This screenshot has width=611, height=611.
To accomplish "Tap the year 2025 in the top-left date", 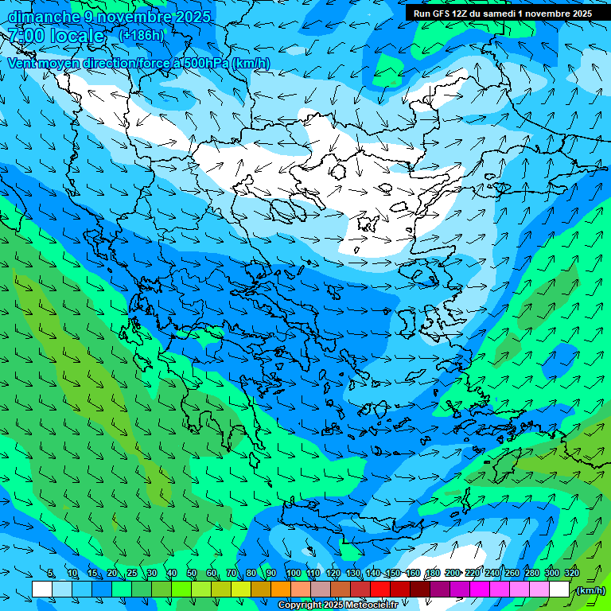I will [x=193, y=16].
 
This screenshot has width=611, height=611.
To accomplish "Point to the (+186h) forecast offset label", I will [x=141, y=35].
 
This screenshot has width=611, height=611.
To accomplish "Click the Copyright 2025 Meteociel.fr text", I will [x=337, y=605].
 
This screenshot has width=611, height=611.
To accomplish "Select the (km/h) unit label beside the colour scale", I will [x=590, y=590].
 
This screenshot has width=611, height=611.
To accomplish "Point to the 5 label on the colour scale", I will [x=51, y=574].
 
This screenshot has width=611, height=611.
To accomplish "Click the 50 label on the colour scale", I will [x=192, y=574].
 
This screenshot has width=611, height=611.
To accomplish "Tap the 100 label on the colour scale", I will [x=293, y=574].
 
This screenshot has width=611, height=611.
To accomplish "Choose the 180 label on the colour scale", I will [x=433, y=574].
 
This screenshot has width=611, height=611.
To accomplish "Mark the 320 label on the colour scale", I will [x=572, y=574].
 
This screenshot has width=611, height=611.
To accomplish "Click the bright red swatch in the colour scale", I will [x=380, y=590].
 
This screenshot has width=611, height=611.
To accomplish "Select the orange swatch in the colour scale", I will [x=281, y=590].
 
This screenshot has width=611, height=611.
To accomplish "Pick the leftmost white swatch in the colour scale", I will [x=42, y=590].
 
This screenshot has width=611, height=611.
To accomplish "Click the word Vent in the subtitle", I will [x=21, y=63].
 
